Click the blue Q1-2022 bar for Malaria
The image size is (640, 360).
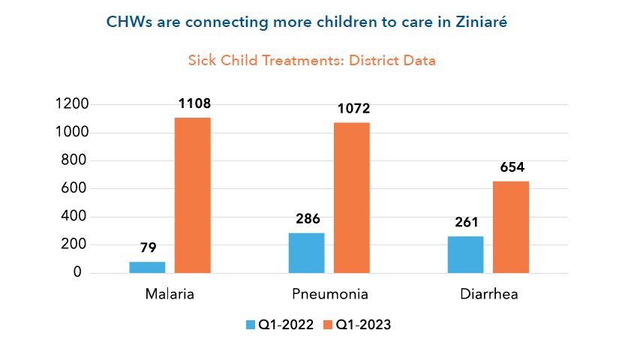click(147, 267)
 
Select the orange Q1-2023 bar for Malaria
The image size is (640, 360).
click(193, 195)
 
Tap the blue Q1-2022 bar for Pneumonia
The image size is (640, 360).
click(306, 253)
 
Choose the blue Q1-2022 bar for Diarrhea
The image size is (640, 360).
click(465, 254)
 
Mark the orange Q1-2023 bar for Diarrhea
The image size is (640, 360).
click(511, 226)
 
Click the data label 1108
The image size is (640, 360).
click(194, 103)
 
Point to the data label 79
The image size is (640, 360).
click(147, 248)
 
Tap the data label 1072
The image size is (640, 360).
click(353, 109)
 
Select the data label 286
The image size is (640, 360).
click(308, 219)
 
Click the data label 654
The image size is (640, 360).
click(512, 167)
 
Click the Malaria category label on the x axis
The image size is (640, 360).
click(170, 294)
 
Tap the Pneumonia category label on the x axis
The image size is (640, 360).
click(329, 294)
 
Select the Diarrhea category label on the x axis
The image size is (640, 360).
click(489, 294)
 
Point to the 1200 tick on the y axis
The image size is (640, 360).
click(72, 104)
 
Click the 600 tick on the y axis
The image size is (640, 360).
click(76, 188)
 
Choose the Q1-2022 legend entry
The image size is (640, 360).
click(278, 325)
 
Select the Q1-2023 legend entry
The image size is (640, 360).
click(356, 325)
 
